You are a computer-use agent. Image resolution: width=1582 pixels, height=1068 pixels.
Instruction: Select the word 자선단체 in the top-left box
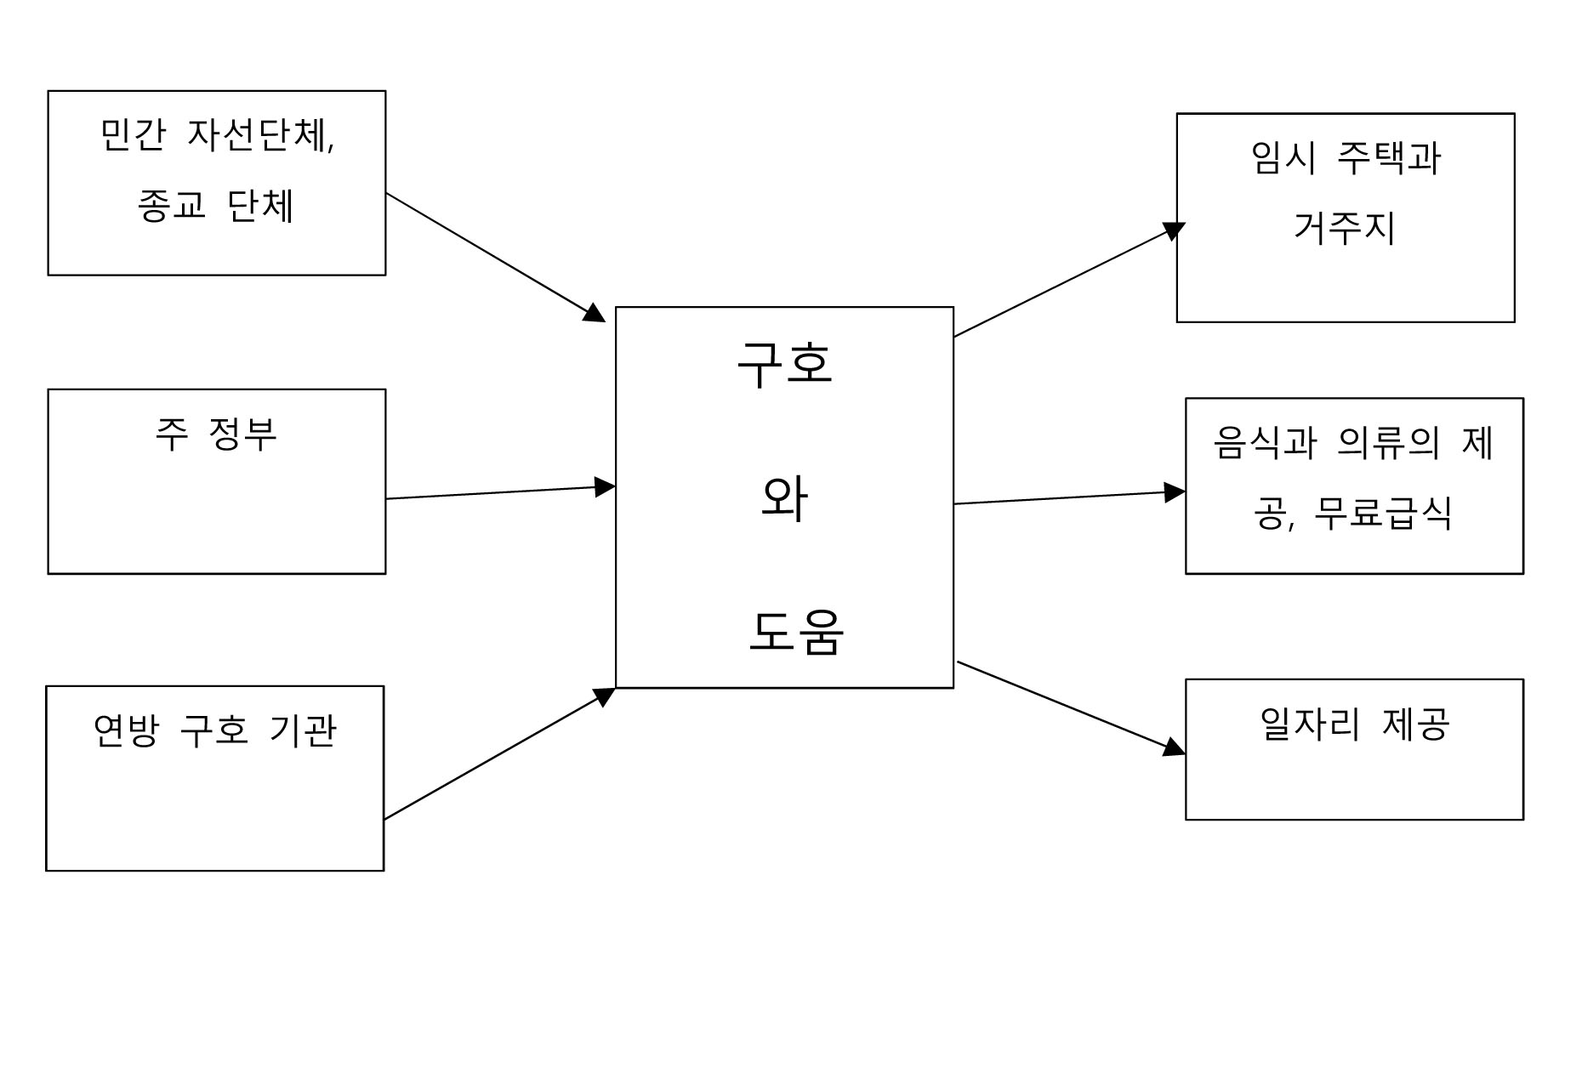click(259, 136)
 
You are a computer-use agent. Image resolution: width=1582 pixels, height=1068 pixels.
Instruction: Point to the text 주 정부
click(216, 435)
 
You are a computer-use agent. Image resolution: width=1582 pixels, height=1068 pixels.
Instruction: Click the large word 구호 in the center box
click(784, 364)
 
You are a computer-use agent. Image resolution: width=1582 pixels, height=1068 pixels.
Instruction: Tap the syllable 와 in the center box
click(783, 499)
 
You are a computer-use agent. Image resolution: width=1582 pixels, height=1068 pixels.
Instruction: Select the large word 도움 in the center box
click(796, 633)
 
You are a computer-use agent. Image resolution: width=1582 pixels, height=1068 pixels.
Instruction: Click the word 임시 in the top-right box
click(1283, 158)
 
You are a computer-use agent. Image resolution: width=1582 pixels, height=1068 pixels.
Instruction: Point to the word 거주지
click(1345, 228)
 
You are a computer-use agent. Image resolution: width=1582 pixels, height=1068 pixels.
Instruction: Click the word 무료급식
click(1382, 514)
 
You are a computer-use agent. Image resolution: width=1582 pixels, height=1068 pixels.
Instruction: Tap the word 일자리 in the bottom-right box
click(1311, 724)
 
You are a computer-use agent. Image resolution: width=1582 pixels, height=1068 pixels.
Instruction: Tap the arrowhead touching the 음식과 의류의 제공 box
click(1175, 491)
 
